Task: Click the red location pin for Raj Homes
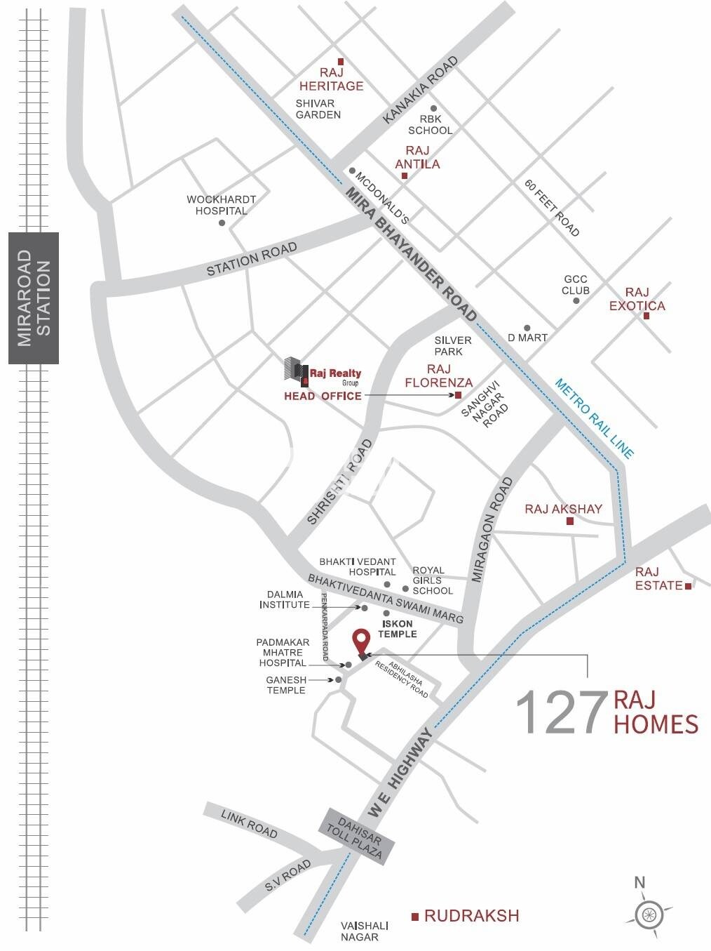(361, 641)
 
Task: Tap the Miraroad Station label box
(34, 298)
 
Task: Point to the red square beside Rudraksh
(415, 916)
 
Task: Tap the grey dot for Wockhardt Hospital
(222, 222)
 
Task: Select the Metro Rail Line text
(594, 418)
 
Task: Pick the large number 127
(561, 713)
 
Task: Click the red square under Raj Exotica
(646, 316)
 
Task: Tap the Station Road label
(252, 260)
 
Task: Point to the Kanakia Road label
(420, 91)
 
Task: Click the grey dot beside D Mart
(527, 328)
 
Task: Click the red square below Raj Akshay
(570, 521)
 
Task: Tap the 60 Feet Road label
(553, 208)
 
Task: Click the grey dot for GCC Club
(576, 300)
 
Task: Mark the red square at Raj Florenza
(458, 396)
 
